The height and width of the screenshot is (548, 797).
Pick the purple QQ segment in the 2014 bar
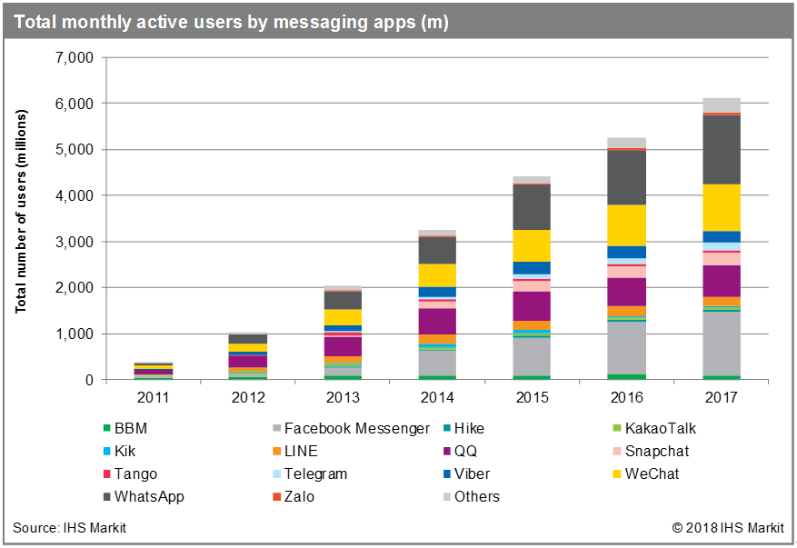click(437, 321)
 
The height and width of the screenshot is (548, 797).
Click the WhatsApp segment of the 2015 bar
click(532, 207)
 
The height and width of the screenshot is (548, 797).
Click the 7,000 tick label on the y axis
click(75, 58)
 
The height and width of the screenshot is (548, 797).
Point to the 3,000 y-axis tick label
click(75, 243)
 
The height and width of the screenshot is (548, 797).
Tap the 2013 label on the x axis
click(343, 397)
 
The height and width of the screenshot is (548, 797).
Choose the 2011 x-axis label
click(153, 397)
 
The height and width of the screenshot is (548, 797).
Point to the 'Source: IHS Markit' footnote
click(69, 528)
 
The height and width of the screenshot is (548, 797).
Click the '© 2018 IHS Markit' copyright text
click(727, 528)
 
